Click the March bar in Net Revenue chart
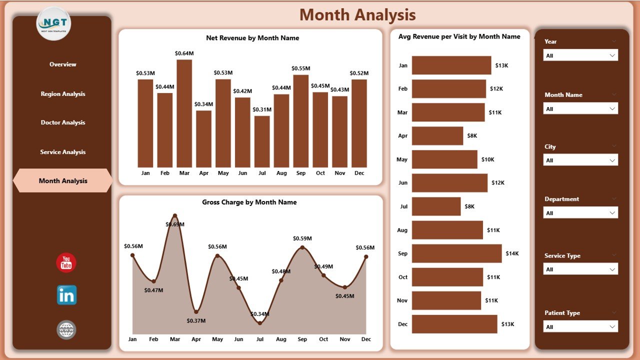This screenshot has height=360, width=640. coord(184,113)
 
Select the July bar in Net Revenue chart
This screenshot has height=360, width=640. coord(262,141)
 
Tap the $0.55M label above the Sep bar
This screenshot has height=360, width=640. coord(301,68)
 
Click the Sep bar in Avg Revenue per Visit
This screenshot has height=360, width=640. coord(456,253)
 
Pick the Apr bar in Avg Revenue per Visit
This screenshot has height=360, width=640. coord(437,135)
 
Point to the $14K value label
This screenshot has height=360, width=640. coord(512,253)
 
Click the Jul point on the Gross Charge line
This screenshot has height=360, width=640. coord(260,323)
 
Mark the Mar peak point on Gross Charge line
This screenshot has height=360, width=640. coord(174,216)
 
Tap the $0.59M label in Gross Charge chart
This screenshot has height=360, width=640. coord(302,238)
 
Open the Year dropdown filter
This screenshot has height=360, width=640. coord(580,55)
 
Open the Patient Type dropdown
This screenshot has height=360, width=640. coord(580,327)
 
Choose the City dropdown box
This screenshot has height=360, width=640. coord(580,160)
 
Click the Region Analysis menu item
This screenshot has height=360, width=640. coord(63,94)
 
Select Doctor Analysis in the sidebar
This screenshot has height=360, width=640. coord(63,122)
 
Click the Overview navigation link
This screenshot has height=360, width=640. coord(63,64)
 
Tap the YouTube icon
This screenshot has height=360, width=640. coord(66,263)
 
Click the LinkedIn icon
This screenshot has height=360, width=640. coord(66,295)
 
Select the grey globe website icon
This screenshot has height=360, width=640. coord(66,329)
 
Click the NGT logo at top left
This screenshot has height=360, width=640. coord(54,23)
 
